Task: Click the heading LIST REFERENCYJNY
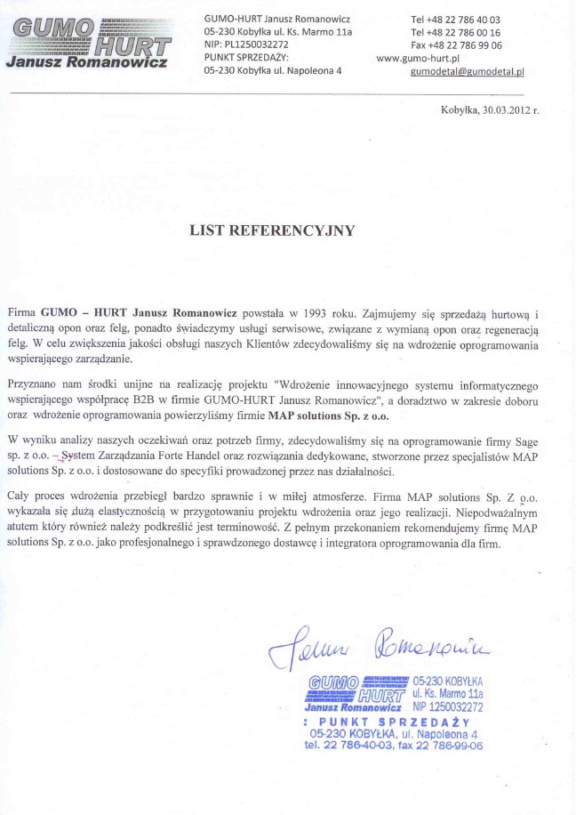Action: pyautogui.click(x=272, y=230)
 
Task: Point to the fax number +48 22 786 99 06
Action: pyautogui.click(x=464, y=44)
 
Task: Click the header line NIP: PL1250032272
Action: pyautogui.click(x=245, y=44)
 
